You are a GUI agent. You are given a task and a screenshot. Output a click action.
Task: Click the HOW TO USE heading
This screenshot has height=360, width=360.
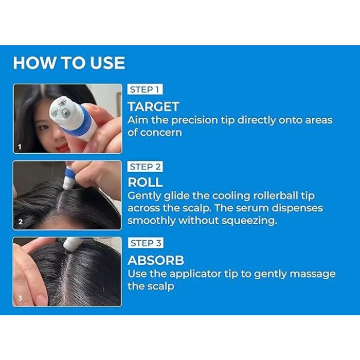pyautogui.click(x=69, y=63)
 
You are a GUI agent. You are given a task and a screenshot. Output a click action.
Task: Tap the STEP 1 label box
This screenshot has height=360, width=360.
pyautogui.click(x=145, y=89)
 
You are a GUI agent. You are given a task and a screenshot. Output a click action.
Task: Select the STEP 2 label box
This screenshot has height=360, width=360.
pyautogui.click(x=145, y=167)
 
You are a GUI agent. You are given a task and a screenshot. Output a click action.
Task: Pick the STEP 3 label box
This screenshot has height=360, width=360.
pyautogui.click(x=146, y=243)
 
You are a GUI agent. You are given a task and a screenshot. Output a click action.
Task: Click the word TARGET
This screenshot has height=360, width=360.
pyautogui.click(x=153, y=107)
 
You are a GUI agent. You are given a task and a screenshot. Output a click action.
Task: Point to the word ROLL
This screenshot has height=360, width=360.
pyautogui.click(x=145, y=183)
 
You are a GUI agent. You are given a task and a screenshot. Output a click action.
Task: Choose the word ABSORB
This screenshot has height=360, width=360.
pyautogui.click(x=156, y=260)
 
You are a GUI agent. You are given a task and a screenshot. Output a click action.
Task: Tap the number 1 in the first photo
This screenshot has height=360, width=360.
pyautogui.click(x=20, y=147)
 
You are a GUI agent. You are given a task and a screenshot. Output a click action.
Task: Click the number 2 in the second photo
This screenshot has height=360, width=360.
pyautogui.click(x=21, y=222)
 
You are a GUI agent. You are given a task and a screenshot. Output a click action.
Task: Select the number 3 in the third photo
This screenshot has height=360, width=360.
pyautogui.click(x=20, y=298)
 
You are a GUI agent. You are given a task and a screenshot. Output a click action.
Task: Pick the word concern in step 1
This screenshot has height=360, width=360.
pyautogui.click(x=160, y=133)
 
